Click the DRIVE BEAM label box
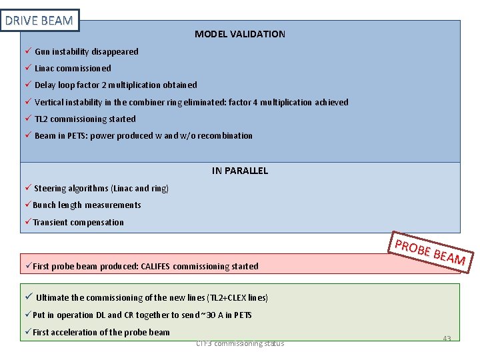pyautogui.click(x=39, y=21)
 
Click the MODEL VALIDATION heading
pyautogui.click(x=239, y=34)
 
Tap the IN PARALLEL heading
pyautogui.click(x=239, y=171)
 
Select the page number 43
pyautogui.click(x=447, y=339)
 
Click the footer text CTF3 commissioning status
pyautogui.click(x=240, y=343)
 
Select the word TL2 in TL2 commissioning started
pyautogui.click(x=41, y=119)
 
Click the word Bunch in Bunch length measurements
pyautogui.click(x=45, y=205)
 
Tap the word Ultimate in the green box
pyautogui.click(x=52, y=298)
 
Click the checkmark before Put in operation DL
pyautogui.click(x=28, y=315)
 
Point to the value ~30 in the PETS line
pyautogui.click(x=213, y=315)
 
